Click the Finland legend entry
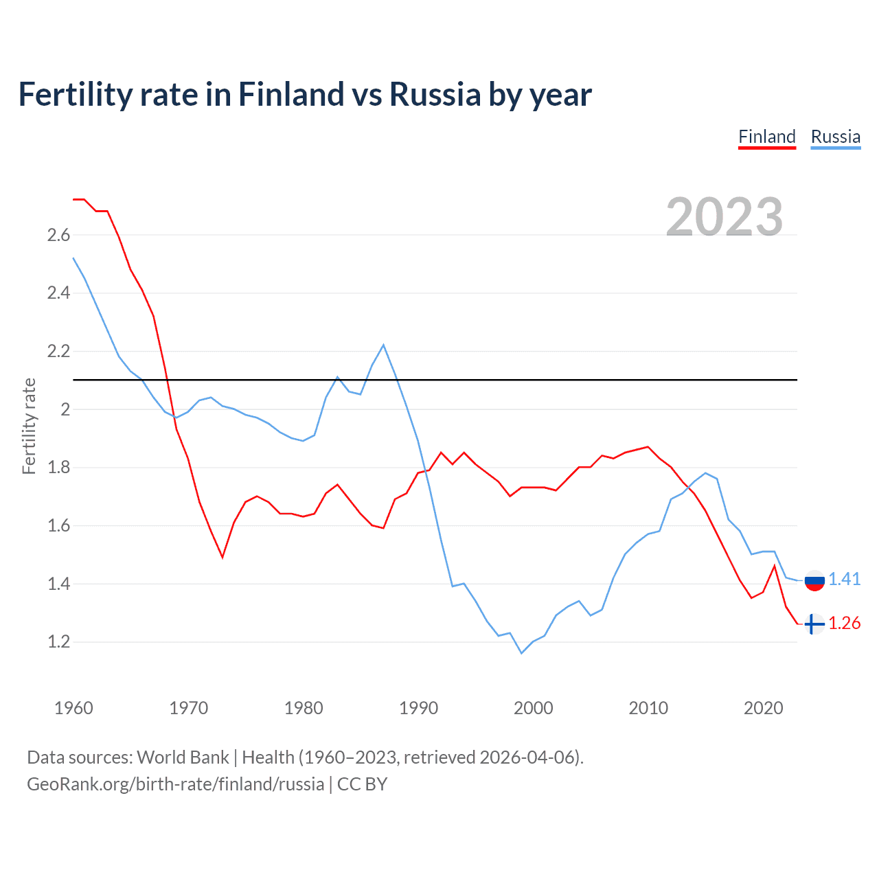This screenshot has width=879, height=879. pyautogui.click(x=766, y=137)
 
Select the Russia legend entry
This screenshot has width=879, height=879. pyautogui.click(x=835, y=137)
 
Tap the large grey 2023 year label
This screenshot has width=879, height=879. pyautogui.click(x=724, y=217)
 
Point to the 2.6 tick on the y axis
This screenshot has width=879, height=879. pyautogui.click(x=58, y=236)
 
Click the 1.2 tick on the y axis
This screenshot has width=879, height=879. pyautogui.click(x=58, y=642)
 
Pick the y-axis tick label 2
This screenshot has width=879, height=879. pyautogui.click(x=66, y=410)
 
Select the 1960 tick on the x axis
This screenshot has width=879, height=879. pyautogui.click(x=73, y=708)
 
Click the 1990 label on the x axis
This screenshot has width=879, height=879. pyautogui.click(x=418, y=708)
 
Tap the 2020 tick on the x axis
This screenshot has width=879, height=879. pyautogui.click(x=763, y=708)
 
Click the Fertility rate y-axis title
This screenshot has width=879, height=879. pyautogui.click(x=29, y=426)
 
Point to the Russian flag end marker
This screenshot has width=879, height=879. pyautogui.click(x=814, y=580)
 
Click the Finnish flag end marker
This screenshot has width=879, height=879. pyautogui.click(x=814, y=624)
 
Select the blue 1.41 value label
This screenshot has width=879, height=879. pyautogui.click(x=844, y=579)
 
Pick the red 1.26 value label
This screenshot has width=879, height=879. pyautogui.click(x=844, y=623)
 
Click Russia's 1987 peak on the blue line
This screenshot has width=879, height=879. pyautogui.click(x=383, y=345)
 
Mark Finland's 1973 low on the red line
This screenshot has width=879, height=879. pyautogui.click(x=222, y=557)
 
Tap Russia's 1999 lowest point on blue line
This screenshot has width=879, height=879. pyautogui.click(x=521, y=653)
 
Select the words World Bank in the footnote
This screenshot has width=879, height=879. pyautogui.click(x=183, y=757)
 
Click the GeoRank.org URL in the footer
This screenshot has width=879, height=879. pyautogui.click(x=175, y=784)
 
